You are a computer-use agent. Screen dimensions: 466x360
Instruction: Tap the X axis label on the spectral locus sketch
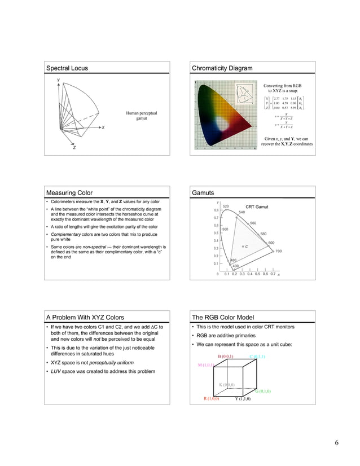click(103, 128)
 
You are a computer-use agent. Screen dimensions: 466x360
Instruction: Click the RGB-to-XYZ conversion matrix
click(288, 104)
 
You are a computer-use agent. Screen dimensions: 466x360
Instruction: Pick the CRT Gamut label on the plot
click(258, 207)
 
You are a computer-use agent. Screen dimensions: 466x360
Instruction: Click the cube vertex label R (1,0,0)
click(212, 399)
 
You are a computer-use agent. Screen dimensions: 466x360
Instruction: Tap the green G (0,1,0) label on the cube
click(262, 391)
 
